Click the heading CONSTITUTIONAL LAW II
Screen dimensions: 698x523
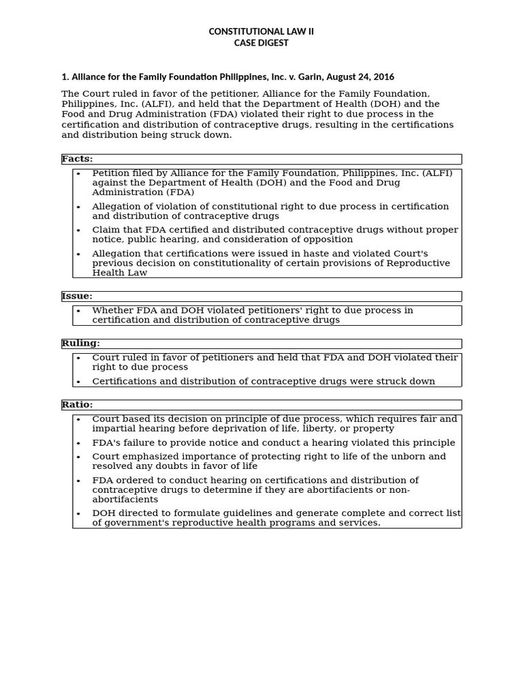(261, 31)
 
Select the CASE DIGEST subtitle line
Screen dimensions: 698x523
(261, 43)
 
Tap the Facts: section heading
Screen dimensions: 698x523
(77, 159)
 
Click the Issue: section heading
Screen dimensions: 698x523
(77, 297)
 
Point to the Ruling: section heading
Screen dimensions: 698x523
(80, 344)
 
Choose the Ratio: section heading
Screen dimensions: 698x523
(77, 405)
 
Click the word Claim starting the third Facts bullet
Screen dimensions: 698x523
(106, 230)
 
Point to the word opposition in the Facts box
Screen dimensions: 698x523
(328, 240)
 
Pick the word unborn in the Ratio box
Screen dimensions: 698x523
(405, 457)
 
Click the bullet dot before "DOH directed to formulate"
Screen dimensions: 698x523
(79, 513)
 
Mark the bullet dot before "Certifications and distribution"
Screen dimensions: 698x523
(79, 382)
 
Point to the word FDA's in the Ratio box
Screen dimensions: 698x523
(106, 443)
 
